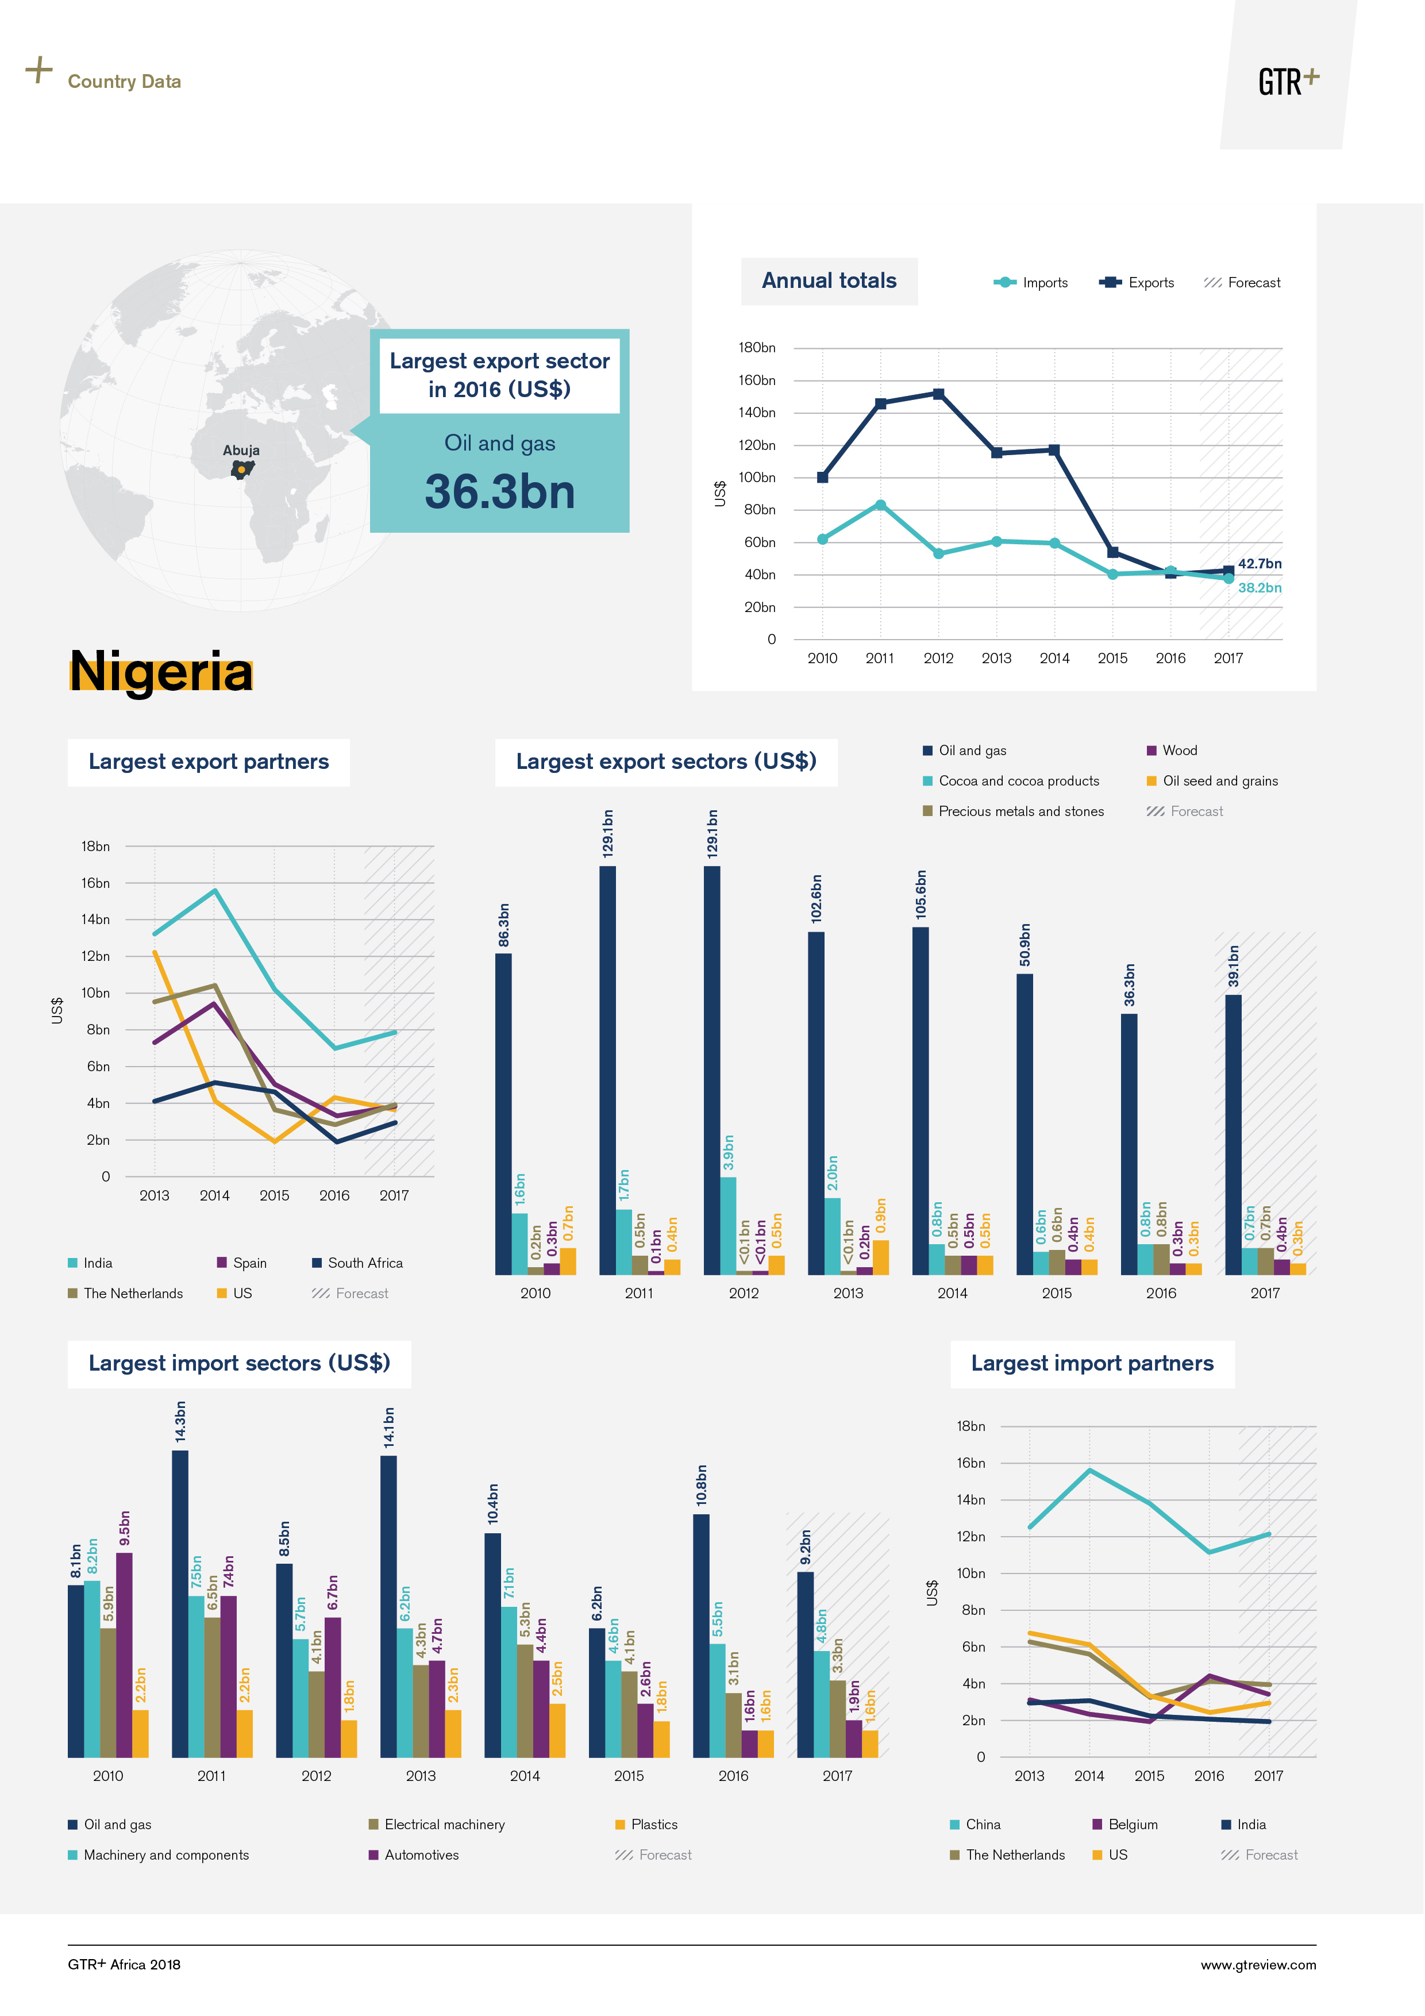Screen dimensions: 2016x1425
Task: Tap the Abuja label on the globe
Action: [x=241, y=451]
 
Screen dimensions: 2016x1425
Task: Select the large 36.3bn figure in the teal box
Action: [x=499, y=492]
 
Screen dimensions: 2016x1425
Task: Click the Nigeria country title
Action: [x=161, y=672]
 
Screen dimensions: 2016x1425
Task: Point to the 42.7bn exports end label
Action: [x=1259, y=564]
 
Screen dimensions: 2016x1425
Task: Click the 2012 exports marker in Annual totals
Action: [x=938, y=394]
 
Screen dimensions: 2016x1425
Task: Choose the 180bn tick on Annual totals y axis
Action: [x=757, y=348]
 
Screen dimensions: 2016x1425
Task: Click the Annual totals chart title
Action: [x=829, y=281]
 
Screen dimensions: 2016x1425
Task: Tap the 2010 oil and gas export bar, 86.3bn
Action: [x=503, y=1113]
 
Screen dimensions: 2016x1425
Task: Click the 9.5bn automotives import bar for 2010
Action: [x=125, y=1655]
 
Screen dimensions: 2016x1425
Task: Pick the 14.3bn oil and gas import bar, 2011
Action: [x=180, y=1603]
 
